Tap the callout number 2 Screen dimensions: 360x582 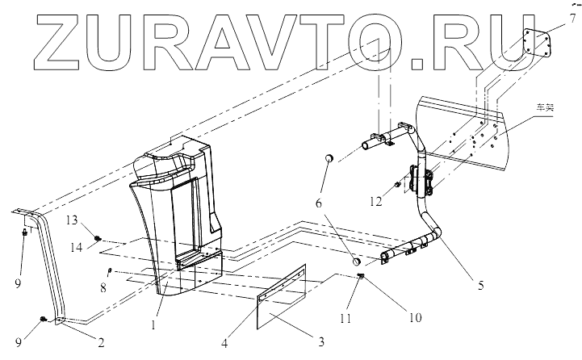tap(101, 341)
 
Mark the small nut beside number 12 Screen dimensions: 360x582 tap(398, 186)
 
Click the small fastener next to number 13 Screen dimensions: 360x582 tap(98, 237)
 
